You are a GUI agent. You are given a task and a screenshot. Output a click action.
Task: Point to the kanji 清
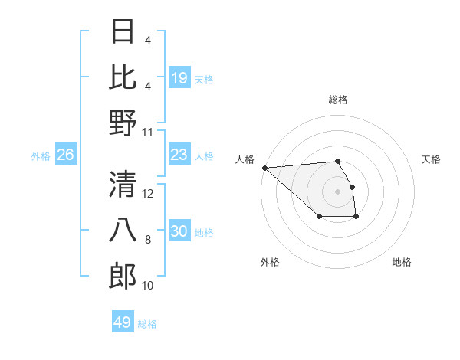[123, 185]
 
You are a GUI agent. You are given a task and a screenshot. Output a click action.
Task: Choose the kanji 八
[123, 231]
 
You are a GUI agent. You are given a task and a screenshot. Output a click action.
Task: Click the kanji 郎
[123, 277]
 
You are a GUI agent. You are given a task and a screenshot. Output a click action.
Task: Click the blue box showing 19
[179, 77]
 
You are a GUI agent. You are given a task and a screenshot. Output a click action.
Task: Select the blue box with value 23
[179, 155]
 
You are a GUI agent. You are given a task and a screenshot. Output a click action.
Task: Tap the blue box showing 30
[179, 231]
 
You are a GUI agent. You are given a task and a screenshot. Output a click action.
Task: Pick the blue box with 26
[65, 155]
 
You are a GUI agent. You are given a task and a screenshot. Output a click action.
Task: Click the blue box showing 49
[122, 322]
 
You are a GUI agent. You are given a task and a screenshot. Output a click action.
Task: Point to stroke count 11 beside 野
[148, 133]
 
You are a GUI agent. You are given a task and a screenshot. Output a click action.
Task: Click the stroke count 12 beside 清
[148, 194]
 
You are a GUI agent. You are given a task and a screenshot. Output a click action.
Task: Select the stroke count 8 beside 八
[148, 240]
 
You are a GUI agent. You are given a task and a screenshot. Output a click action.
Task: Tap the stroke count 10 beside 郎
[148, 286]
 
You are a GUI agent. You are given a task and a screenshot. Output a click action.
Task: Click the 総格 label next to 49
[147, 324]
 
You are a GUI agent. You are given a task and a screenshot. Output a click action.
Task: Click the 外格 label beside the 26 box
[41, 156]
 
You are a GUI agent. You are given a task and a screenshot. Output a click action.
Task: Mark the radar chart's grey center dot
[337, 191]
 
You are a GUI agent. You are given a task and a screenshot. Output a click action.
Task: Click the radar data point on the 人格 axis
[264, 168]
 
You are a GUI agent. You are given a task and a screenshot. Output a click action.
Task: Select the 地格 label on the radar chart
[402, 262]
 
